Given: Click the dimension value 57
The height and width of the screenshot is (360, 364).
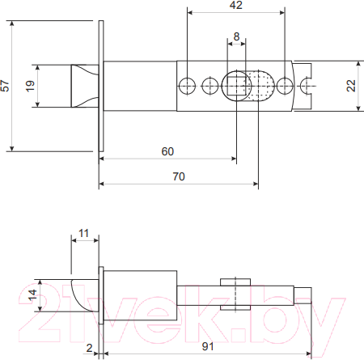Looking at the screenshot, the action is (5, 86).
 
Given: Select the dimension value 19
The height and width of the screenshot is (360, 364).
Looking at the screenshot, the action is (30, 86).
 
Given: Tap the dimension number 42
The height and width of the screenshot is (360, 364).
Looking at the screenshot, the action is (236, 5).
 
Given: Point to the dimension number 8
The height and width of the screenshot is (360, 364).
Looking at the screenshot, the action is (236, 36).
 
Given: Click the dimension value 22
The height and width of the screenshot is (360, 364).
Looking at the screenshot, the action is (351, 86).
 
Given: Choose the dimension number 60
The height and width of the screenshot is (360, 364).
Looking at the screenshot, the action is (167, 151).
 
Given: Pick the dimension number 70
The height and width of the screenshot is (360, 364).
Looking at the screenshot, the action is (179, 176).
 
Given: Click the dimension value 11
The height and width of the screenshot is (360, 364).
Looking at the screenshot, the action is (83, 233).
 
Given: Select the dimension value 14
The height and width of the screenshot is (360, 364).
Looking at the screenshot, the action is (32, 295).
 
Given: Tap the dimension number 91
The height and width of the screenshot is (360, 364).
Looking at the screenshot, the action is (208, 346).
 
